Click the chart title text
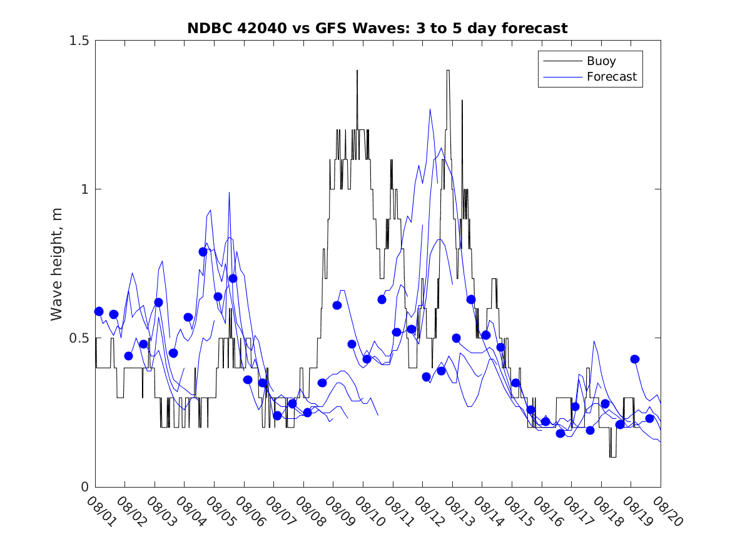click(377, 28)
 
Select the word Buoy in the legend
click(601, 61)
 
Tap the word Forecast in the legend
click(612, 77)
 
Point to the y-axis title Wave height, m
click(57, 263)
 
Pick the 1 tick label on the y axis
click(85, 189)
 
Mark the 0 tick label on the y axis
click(85, 487)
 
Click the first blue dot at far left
click(99, 311)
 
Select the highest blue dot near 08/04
click(203, 252)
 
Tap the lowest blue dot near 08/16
click(560, 433)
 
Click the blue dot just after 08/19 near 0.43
click(635, 359)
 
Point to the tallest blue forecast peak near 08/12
click(430, 110)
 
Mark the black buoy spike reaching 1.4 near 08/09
click(357, 71)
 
